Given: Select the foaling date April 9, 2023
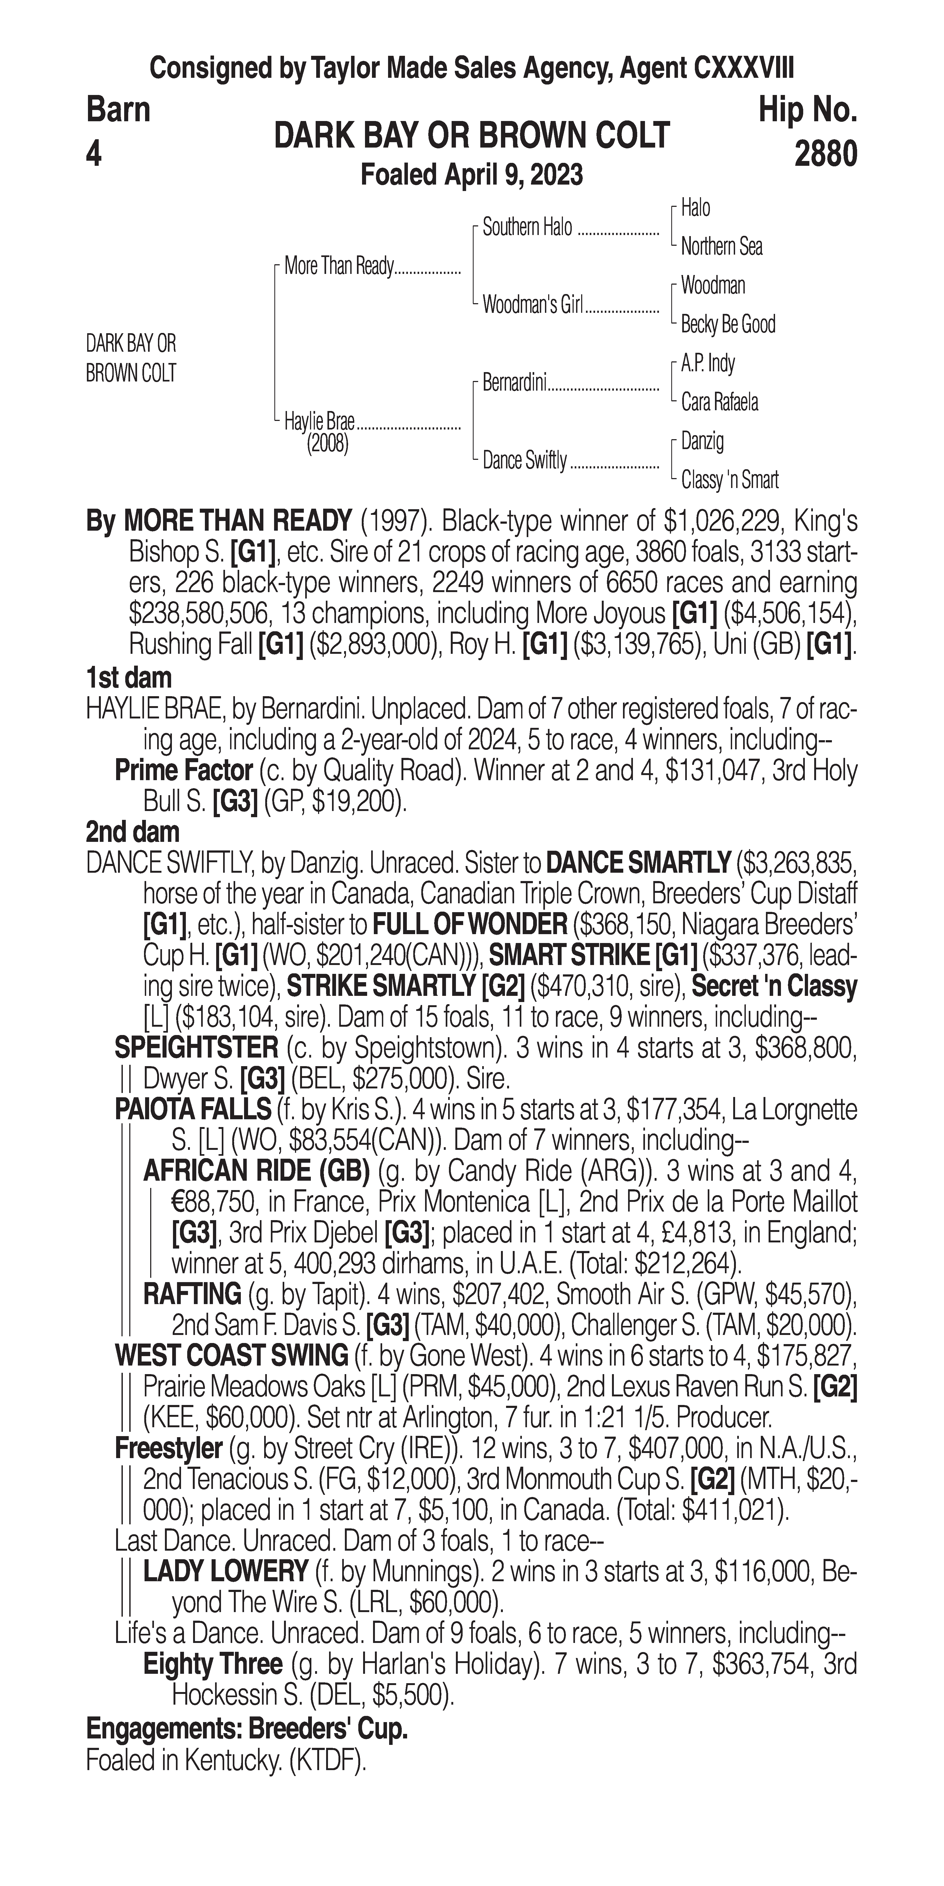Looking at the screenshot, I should [x=472, y=175].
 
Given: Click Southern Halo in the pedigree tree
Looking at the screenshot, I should [x=527, y=228].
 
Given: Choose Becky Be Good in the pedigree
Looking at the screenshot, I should [x=727, y=324].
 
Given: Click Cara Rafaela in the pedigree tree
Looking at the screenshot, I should [x=719, y=402].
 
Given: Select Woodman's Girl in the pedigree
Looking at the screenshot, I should [x=532, y=305].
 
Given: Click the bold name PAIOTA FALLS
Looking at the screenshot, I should [x=193, y=1110].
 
